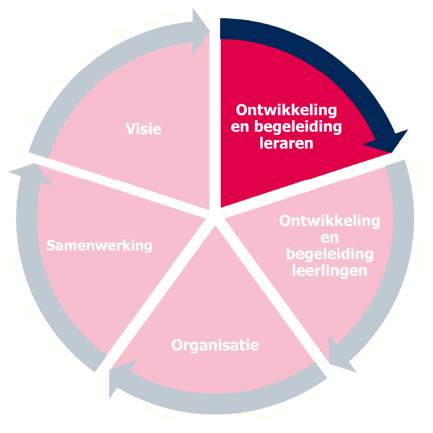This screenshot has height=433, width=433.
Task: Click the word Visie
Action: point(143,129)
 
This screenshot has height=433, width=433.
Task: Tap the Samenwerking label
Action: point(100,246)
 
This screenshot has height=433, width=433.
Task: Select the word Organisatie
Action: point(215,346)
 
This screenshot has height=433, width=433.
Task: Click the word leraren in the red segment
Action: point(286,143)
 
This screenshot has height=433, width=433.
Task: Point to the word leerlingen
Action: point(330,271)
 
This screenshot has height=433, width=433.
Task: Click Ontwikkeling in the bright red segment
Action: point(286,110)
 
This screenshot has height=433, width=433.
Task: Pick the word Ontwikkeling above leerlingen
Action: point(330,221)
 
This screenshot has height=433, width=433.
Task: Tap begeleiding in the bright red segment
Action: point(298,127)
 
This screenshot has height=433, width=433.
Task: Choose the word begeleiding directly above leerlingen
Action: point(330,254)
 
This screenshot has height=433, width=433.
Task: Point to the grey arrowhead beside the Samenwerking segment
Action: point(32,174)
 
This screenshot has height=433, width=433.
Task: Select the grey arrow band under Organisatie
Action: point(218,404)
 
